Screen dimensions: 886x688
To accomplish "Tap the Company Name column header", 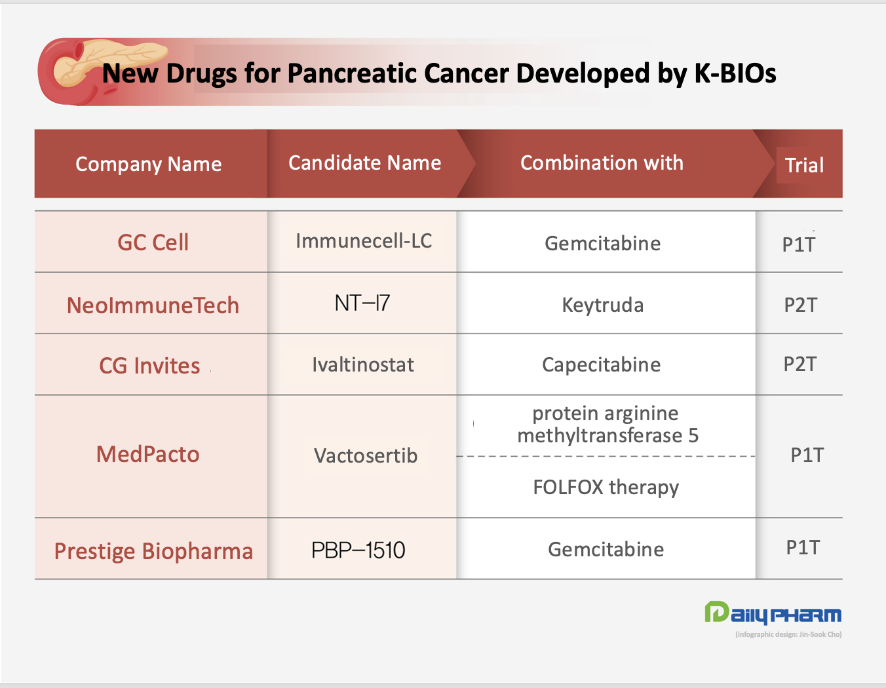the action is click(148, 164).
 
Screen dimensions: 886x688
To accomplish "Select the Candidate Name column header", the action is click(364, 162).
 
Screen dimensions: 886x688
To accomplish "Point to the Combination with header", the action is click(602, 162).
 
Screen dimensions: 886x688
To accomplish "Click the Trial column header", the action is click(804, 165).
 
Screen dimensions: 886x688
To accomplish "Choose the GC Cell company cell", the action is click(153, 242).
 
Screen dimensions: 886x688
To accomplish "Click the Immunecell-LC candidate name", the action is click(364, 241).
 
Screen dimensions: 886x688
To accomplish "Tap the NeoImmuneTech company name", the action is click(153, 305).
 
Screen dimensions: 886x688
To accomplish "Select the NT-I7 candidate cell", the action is click(362, 303).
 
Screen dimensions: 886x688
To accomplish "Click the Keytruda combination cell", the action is click(603, 305).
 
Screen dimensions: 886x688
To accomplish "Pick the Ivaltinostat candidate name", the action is click(363, 364).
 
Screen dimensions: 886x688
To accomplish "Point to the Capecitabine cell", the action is click(602, 365).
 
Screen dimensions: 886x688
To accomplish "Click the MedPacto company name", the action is click(147, 454).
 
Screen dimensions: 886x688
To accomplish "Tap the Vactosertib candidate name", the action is click(366, 455).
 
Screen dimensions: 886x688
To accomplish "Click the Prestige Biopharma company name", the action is click(154, 552).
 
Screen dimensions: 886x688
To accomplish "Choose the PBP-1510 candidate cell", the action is click(358, 550).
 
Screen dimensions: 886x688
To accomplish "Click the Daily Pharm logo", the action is click(773, 613).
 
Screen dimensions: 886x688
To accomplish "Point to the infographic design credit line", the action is click(788, 634).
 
